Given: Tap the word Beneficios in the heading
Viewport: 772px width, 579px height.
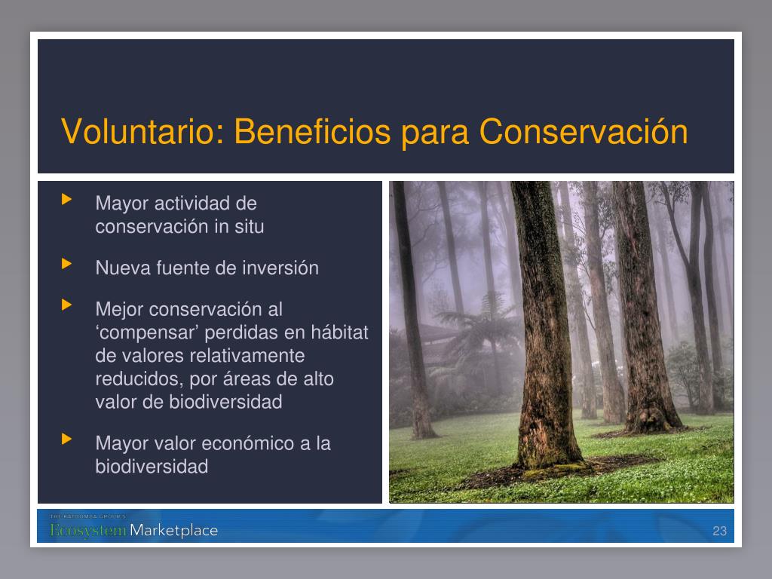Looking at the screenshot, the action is (x=312, y=131).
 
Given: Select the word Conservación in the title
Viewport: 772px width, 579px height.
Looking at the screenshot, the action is (x=584, y=131).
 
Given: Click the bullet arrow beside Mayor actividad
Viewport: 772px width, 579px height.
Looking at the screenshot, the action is (x=66, y=199).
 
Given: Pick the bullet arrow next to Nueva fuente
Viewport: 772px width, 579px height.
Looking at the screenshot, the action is (x=66, y=264).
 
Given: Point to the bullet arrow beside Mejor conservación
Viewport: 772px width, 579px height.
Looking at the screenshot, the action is (x=66, y=305).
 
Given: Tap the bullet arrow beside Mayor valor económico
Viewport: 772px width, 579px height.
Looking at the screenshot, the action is (x=66, y=439).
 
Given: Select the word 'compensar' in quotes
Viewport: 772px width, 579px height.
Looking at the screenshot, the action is (x=147, y=333).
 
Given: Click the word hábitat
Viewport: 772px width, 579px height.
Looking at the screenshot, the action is (x=339, y=332).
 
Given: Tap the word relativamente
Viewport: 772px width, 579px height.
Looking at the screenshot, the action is (x=247, y=356).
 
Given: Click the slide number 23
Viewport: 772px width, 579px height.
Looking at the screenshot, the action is (x=719, y=531).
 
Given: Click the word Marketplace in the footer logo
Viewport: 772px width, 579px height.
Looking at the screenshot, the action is (x=174, y=530).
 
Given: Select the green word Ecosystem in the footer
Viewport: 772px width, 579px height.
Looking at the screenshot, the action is (x=89, y=531).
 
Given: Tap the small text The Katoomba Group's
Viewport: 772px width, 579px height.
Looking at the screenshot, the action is (x=87, y=516).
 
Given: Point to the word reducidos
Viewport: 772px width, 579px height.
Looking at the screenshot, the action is (x=139, y=379).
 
